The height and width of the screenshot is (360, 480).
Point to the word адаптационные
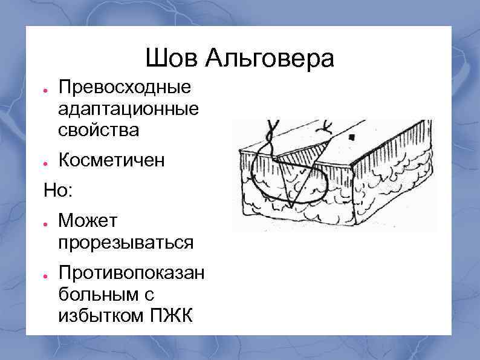tap(129, 110)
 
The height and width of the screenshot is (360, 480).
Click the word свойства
tap(99, 129)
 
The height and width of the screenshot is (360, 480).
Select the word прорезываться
tap(126, 243)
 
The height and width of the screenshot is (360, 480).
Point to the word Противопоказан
tap(131, 273)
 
